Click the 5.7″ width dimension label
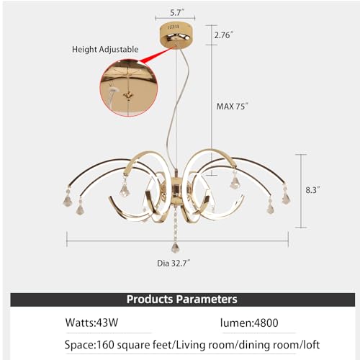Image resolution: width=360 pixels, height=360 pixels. tap(177, 13)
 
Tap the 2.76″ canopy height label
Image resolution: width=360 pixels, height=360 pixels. tap(224, 35)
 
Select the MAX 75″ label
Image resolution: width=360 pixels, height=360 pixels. tap(232, 107)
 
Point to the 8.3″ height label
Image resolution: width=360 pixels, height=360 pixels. tap(312, 190)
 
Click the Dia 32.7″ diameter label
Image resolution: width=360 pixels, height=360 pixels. tap(174, 264)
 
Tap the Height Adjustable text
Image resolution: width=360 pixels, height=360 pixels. tap(105, 50)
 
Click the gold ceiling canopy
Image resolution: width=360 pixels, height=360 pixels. tap(176, 35)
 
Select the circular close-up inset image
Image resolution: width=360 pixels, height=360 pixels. tap(129, 88)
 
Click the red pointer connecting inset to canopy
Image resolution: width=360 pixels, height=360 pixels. tap(156, 55)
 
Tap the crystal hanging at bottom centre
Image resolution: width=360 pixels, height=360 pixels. tap(176, 247)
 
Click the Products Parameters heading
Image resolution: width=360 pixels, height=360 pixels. tap(182, 300)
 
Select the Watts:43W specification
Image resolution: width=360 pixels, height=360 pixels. tap(91, 323)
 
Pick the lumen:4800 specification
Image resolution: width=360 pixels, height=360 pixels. tap(249, 323)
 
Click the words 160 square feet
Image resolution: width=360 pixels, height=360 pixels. tap(134, 345)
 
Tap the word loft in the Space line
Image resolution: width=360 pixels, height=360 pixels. tap(311, 345)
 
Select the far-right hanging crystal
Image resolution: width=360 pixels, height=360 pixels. tap(286, 197)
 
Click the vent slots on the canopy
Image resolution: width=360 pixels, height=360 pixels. tap(174, 27)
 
